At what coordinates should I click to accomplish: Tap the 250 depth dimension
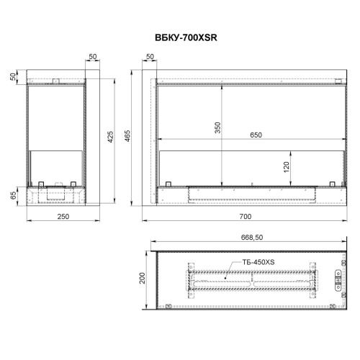point(56,216)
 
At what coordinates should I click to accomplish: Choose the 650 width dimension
point(256,134)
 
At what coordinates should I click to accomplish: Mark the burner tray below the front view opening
point(251,192)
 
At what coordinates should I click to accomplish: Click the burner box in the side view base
point(56,193)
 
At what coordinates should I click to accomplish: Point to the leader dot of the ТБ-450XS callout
point(225,276)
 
